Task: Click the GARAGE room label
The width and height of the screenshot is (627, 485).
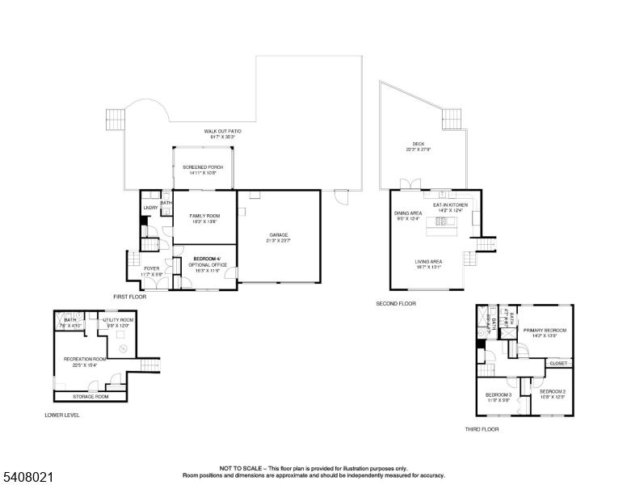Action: tap(278, 235)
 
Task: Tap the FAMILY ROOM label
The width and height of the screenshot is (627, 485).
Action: tap(205, 216)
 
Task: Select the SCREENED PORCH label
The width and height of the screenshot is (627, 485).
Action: tap(204, 167)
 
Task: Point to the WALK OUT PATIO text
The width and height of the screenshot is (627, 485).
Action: tap(222, 131)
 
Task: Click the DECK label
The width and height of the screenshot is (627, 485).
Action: tap(418, 144)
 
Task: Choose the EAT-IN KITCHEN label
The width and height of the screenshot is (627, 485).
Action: tap(450, 205)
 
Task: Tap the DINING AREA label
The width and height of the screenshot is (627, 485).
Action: tap(408, 213)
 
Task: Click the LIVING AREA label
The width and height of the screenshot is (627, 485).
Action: tap(428, 262)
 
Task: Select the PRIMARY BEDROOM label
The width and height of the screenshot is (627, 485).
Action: tap(545, 330)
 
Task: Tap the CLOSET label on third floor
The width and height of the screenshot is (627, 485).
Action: tap(558, 364)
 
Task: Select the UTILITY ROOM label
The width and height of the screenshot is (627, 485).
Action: tap(117, 320)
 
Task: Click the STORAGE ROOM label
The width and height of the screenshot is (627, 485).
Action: tap(90, 397)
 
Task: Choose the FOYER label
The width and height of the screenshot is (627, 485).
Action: tap(152, 268)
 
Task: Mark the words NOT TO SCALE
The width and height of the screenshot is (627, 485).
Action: tap(240, 468)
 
